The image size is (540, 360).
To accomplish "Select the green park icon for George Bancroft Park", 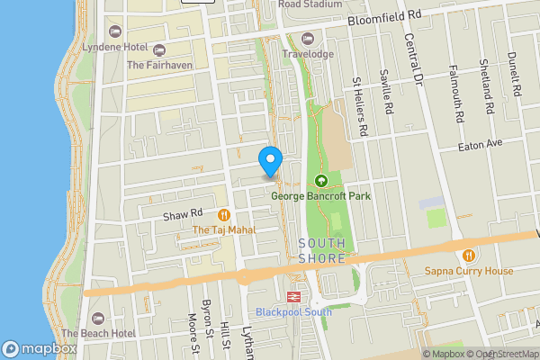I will [320, 180].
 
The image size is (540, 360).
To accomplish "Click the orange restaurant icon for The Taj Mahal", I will [222, 215].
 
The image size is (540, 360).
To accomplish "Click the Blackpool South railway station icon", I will [293, 296].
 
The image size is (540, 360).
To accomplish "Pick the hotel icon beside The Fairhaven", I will [159, 49].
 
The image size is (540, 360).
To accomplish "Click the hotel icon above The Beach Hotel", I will [98, 318].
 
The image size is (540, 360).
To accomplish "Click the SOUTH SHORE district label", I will [321, 250].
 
